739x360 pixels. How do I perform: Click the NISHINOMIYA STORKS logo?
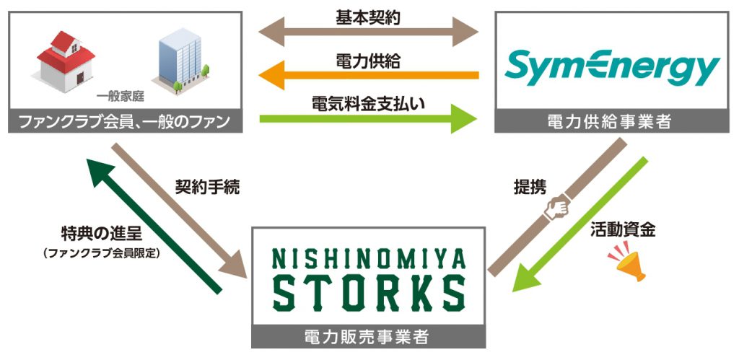[369, 278]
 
